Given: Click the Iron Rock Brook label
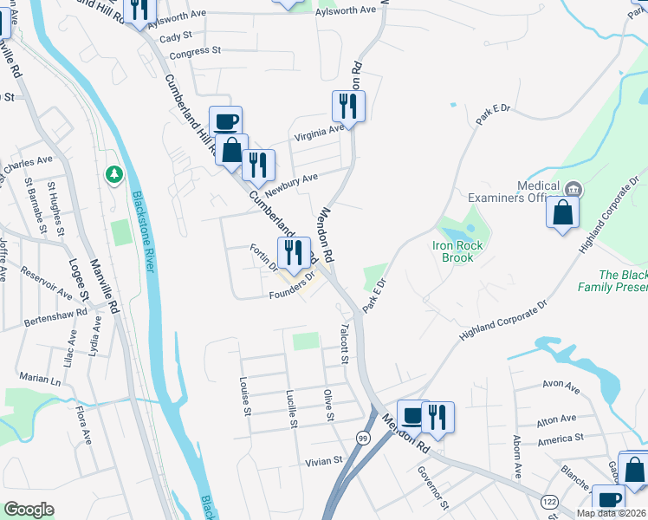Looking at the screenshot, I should (x=453, y=251).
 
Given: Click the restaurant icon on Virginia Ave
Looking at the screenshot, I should (x=348, y=107).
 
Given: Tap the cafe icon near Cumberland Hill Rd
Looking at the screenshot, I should (x=225, y=121).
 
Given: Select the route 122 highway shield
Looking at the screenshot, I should (x=548, y=502).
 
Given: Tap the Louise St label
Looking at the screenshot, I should (x=245, y=395).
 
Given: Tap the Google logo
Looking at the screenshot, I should (x=29, y=510).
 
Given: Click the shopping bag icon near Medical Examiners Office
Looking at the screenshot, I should (x=563, y=212).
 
